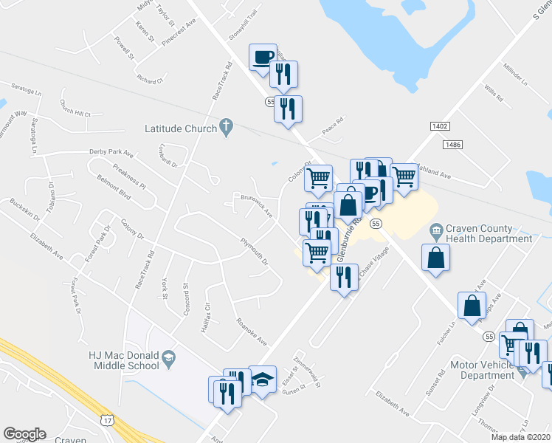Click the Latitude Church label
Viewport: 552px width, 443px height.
pos(181,128)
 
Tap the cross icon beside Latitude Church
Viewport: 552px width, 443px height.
pos(227,128)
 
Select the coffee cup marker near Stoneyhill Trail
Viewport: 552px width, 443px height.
pos(263,58)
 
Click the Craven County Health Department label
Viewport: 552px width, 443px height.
pos(489,233)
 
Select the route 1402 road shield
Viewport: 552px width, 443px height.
pos(441,127)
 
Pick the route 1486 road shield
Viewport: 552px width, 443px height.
pos(453,144)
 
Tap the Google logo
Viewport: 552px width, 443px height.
pos(24,434)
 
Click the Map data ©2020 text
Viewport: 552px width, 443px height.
pos(520,437)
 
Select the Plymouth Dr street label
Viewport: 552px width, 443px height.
pos(253,250)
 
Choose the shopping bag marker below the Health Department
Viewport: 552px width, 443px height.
pos(435,258)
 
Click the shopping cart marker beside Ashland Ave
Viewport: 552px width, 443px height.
pos(404,178)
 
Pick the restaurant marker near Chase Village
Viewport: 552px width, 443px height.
pos(343,278)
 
